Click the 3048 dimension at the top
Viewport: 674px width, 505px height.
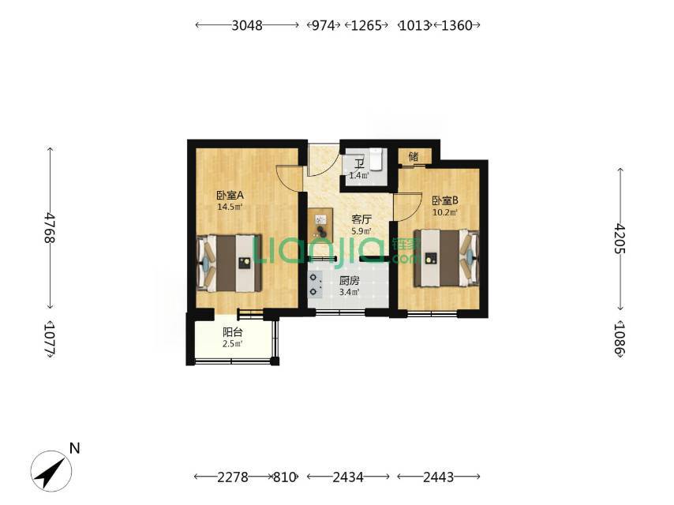247,25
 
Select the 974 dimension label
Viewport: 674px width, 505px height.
323,25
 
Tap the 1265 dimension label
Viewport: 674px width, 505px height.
366,25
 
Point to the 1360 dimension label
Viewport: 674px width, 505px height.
457,25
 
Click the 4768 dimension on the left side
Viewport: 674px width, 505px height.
50,228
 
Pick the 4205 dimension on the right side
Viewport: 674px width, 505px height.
619,238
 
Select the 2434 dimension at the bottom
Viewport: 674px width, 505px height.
348,477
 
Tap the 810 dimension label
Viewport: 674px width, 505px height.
285,477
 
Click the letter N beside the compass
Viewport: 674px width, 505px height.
75,448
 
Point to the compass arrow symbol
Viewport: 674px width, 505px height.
51,471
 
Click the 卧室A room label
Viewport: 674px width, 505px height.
230,196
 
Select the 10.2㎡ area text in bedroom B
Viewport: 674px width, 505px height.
445,212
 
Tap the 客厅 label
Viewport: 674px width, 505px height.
361,219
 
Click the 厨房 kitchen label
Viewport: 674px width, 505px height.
349,281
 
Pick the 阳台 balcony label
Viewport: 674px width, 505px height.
233,332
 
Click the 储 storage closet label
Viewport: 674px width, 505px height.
414,156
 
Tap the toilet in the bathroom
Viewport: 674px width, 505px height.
376,159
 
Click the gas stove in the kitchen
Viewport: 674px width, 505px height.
316,285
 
